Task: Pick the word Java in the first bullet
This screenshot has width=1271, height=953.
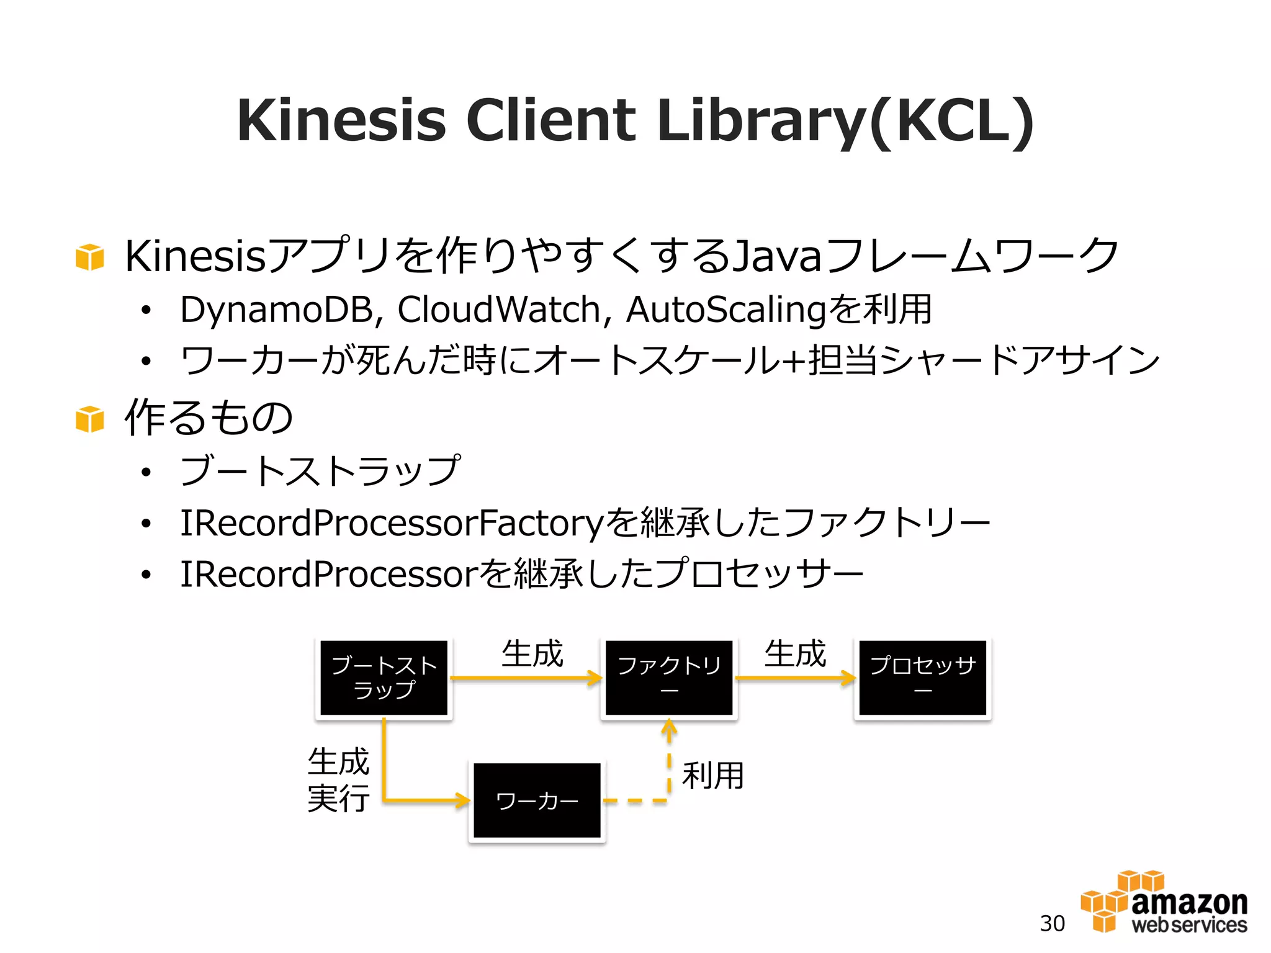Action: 778,256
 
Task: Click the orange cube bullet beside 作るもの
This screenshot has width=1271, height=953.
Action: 89,419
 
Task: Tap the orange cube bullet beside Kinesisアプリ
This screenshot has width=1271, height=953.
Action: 89,257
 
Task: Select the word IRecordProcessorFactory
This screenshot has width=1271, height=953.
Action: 391,522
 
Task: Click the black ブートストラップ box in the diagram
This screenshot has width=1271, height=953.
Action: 384,678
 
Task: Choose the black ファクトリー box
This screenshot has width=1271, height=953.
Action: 669,678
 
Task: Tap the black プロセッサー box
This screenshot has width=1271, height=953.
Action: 922,678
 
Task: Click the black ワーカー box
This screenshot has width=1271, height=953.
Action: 537,800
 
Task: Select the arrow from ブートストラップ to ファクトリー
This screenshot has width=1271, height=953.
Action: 525,678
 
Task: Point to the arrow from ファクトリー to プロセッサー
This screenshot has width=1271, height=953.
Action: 795,678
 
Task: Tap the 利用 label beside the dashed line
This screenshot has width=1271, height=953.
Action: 712,776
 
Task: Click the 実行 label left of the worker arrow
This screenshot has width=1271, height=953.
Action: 338,798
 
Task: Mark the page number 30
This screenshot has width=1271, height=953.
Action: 1052,923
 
